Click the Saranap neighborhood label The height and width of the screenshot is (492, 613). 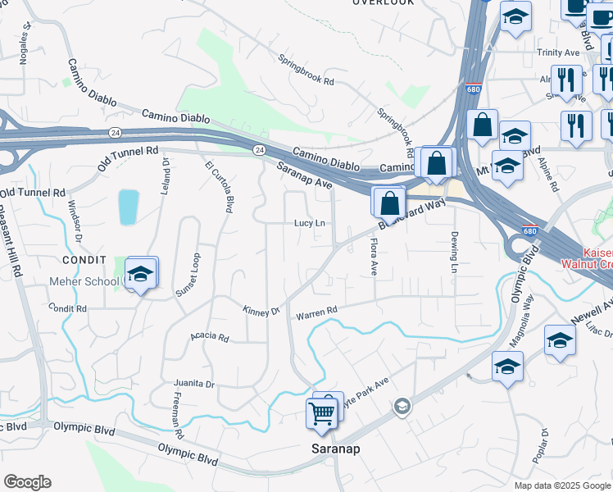(x=336, y=449)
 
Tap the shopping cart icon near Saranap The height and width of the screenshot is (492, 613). (x=320, y=413)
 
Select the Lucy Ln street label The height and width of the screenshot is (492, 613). (x=310, y=223)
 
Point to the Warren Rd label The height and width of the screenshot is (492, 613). (x=316, y=312)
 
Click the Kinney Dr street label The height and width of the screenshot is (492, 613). (x=261, y=311)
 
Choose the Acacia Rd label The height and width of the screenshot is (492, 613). (x=209, y=336)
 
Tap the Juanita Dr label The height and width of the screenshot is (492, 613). (x=193, y=384)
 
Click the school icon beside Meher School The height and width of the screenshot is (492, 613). (x=140, y=276)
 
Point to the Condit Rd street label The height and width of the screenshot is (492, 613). (x=67, y=308)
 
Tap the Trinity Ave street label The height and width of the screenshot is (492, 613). (x=558, y=52)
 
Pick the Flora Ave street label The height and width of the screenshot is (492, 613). (x=374, y=257)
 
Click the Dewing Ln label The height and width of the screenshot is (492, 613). (x=453, y=252)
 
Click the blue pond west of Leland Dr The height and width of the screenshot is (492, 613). (x=128, y=207)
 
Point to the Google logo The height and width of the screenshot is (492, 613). (x=27, y=482)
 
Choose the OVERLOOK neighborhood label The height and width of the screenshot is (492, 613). (x=384, y=2)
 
